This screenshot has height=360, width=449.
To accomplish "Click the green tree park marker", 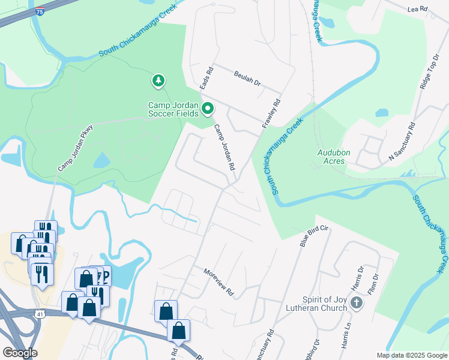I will (x=158, y=80).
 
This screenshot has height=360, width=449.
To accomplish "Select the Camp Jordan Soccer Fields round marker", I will (x=208, y=109).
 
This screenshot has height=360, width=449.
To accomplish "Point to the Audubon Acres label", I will (x=331, y=157).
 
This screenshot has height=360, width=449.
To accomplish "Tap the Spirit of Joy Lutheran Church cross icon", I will (x=356, y=303).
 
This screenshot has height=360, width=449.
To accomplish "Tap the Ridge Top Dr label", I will (x=430, y=71).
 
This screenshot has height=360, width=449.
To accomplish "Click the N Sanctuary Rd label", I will (x=402, y=142).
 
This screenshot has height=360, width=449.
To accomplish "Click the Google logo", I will (x=20, y=353).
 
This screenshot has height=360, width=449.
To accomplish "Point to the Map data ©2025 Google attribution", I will (x=411, y=355).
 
